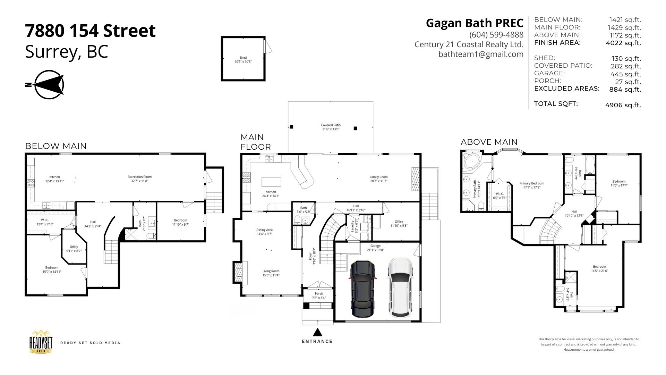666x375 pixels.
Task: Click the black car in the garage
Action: [363, 289]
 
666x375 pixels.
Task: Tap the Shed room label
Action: [243, 60]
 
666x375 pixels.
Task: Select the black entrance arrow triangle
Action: [317, 333]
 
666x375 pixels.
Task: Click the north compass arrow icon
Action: [49, 84]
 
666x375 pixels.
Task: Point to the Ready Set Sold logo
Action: [41, 342]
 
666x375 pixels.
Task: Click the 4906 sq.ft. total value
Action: [623, 105]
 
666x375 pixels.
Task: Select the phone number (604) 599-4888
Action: [496, 35]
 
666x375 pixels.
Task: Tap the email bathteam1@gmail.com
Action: [481, 54]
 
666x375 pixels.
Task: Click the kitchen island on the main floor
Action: [271, 182]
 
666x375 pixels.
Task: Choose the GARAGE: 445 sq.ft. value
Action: [625, 74]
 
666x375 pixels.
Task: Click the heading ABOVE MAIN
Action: [489, 142]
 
